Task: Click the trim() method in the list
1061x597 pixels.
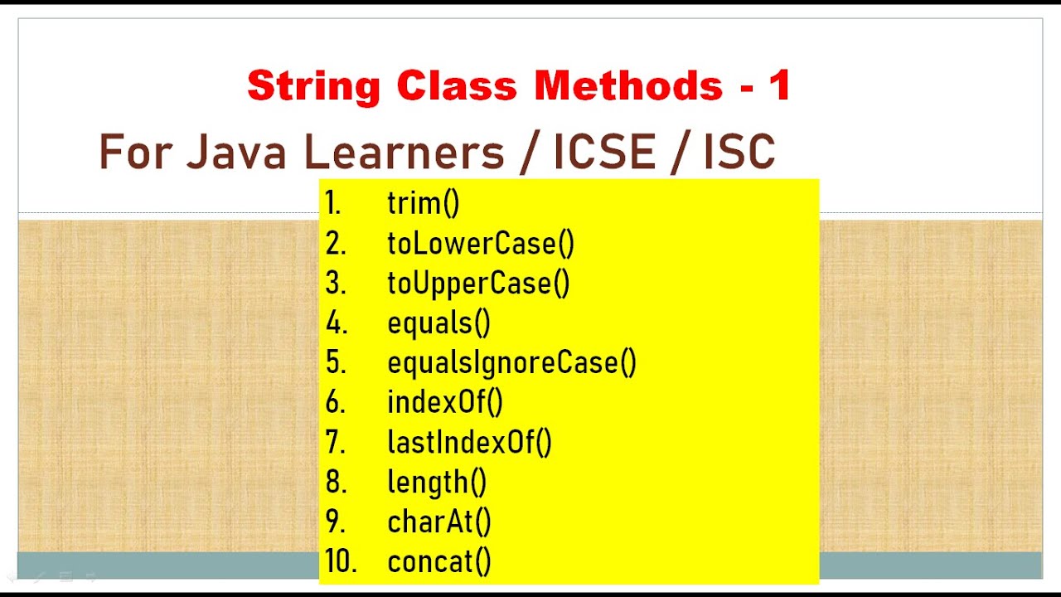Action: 423,203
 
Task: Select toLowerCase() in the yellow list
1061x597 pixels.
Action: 480,243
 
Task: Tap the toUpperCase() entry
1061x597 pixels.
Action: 478,283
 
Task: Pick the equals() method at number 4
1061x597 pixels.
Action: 438,323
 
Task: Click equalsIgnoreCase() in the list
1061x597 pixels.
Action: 511,362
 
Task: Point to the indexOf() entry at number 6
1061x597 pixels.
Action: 444,402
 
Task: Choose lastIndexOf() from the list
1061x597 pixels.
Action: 469,442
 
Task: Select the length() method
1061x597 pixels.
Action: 437,482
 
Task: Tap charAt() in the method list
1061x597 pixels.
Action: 438,522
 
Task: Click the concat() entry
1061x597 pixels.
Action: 438,561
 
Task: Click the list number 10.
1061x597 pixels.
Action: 340,561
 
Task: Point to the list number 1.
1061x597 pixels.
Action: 332,203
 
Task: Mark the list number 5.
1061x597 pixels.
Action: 336,362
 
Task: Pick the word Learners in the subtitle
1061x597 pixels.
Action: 404,153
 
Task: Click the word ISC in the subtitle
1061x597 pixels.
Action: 739,153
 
